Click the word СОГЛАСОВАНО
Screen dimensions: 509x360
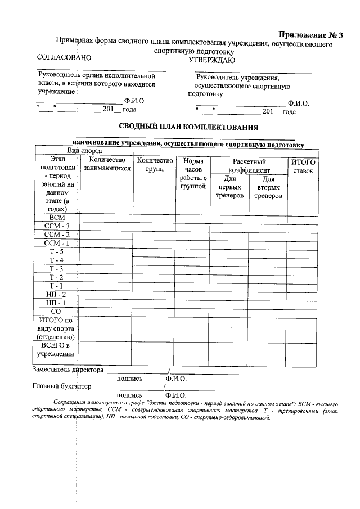tap(64, 57)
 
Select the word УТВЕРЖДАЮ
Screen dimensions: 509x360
tap(211, 60)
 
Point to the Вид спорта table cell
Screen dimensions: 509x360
tap(84, 151)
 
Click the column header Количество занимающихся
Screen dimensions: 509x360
tap(106, 164)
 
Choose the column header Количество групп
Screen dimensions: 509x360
tap(155, 164)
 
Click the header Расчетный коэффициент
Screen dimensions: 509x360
tap(249, 166)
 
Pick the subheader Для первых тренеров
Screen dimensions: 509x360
tap(229, 187)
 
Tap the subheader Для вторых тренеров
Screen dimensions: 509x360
tap(268, 187)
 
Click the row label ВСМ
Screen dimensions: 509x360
tap(57, 218)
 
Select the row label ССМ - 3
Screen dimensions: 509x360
tap(57, 226)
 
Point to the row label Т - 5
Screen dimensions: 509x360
tap(57, 251)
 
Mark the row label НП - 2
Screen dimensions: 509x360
tap(57, 294)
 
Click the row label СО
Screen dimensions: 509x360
tap(56, 311)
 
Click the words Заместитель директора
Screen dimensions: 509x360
tap(68, 370)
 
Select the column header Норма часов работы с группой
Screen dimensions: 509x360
tap(193, 174)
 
